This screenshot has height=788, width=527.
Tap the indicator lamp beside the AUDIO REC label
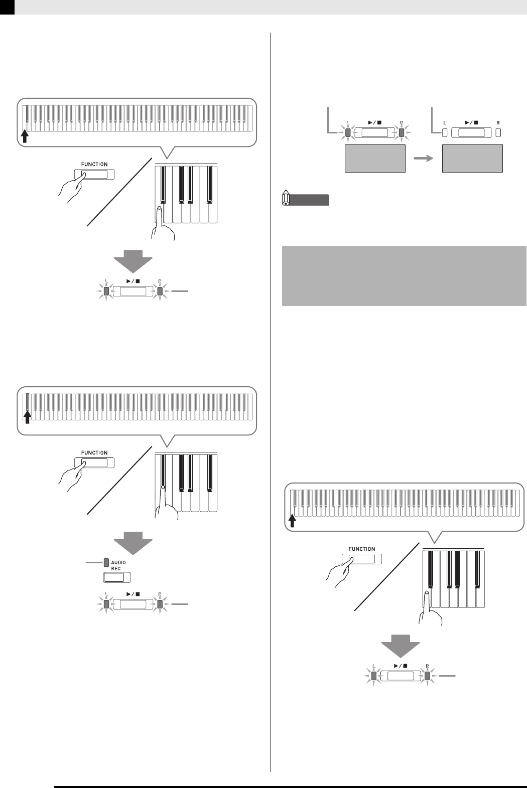pyautogui.click(x=106, y=562)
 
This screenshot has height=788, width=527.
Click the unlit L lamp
pyautogui.click(x=444, y=133)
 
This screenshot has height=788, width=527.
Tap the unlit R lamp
pyautogui.click(x=498, y=133)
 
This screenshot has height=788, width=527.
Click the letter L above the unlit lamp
pyautogui.click(x=444, y=123)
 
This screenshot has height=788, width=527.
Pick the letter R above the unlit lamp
pyautogui.click(x=498, y=123)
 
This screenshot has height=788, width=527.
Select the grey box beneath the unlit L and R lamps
pyautogui.click(x=472, y=159)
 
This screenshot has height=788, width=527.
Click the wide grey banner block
pyautogui.click(x=404, y=275)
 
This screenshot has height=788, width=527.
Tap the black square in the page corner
pyautogui.click(x=7, y=7)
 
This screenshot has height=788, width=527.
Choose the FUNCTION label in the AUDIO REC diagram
pyautogui.click(x=94, y=452)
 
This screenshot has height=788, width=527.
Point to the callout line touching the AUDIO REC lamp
pyautogui.click(x=94, y=563)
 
